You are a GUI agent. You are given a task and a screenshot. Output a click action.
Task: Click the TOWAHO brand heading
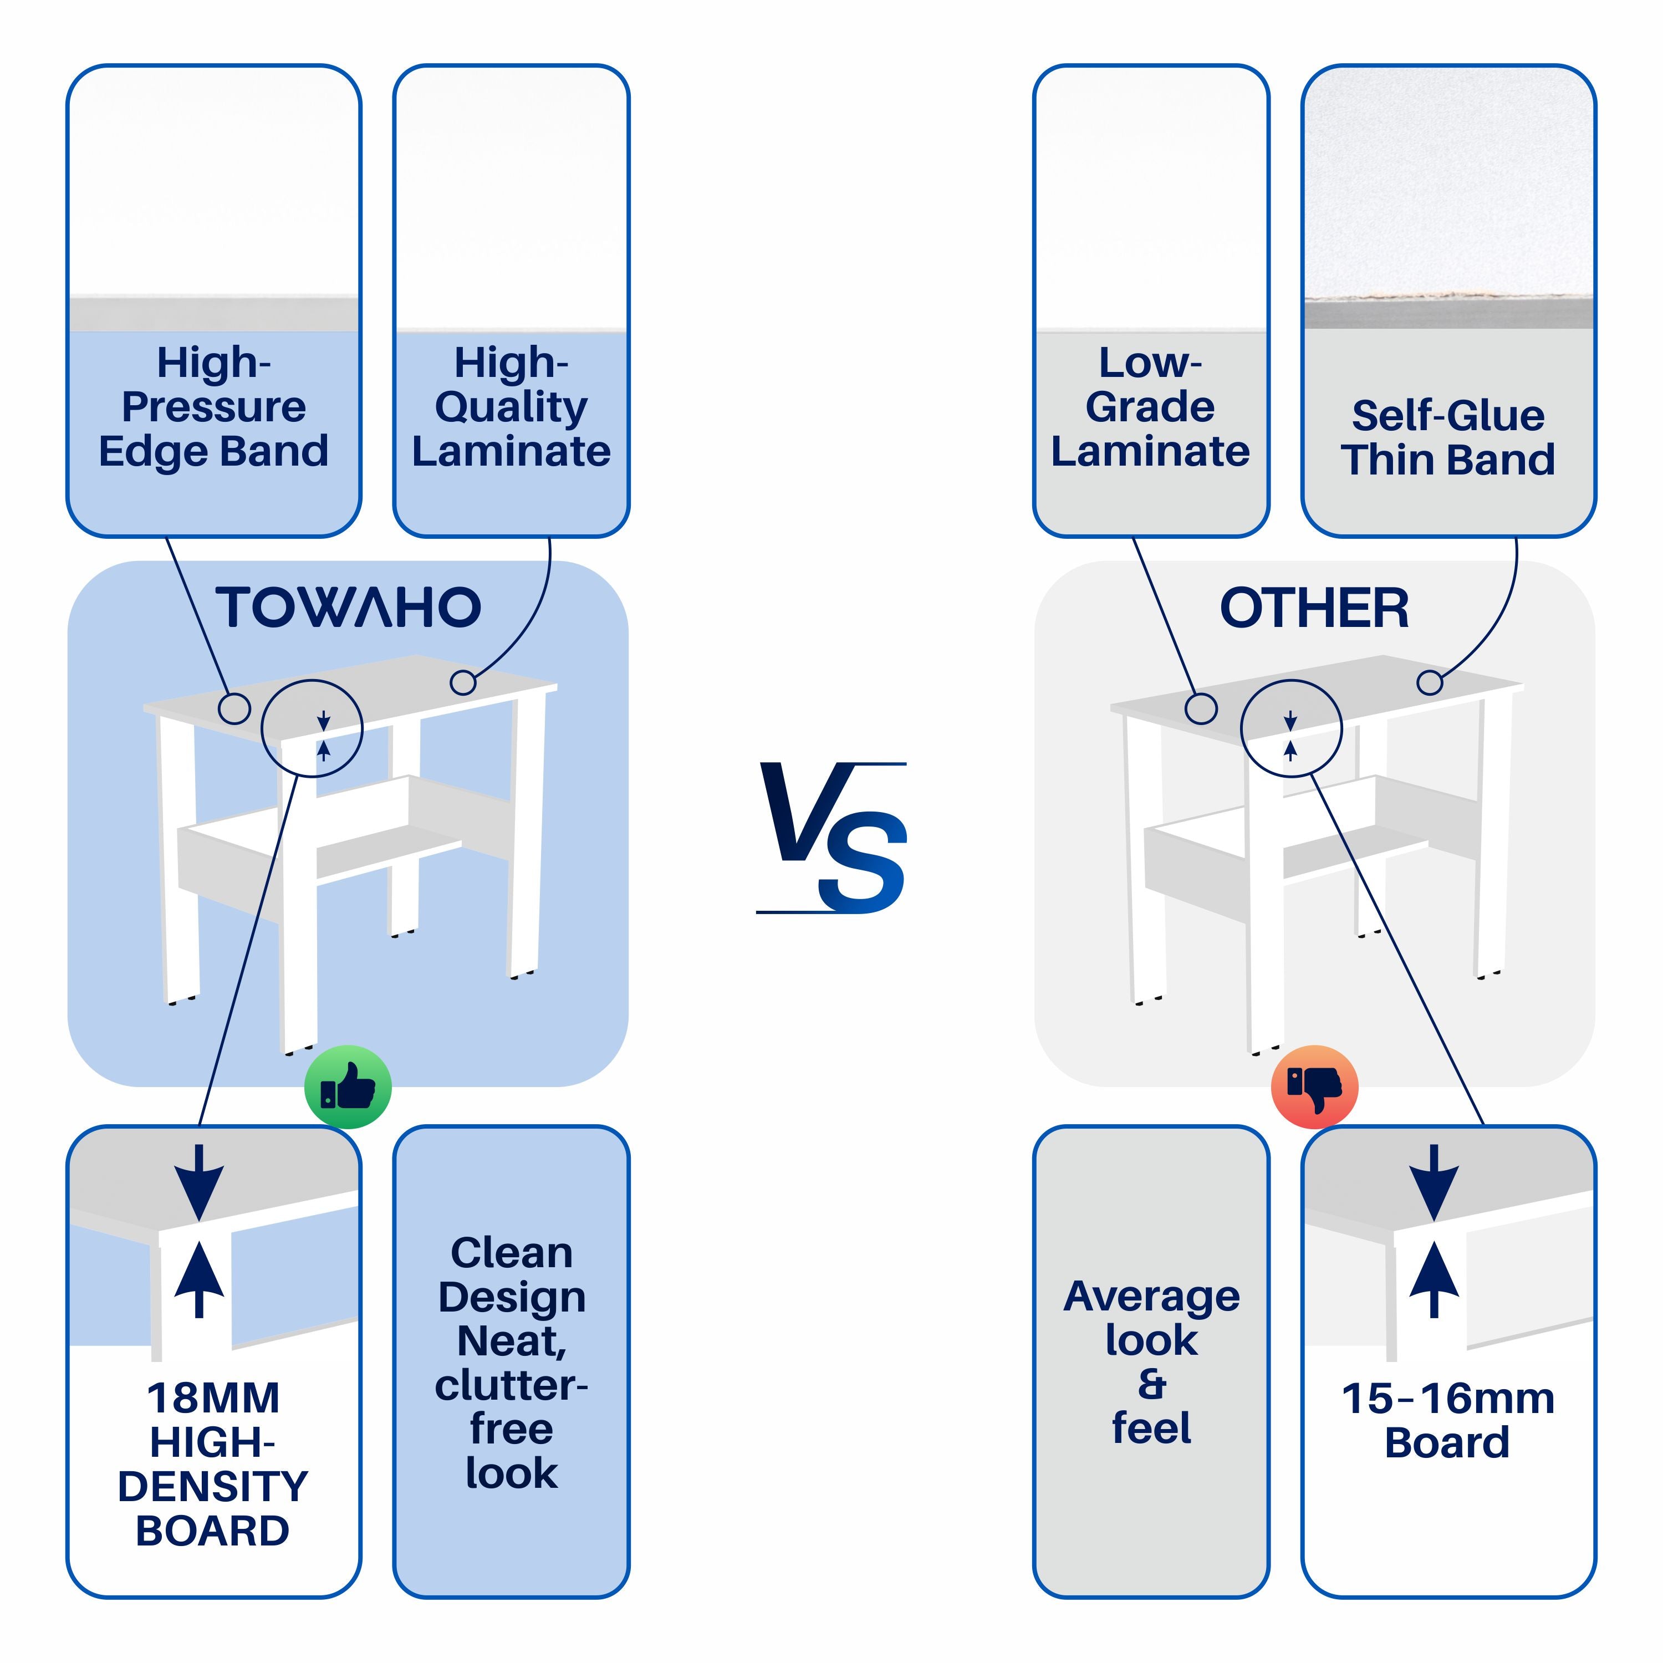(348, 607)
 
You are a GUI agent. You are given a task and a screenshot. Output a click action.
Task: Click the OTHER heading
(1314, 608)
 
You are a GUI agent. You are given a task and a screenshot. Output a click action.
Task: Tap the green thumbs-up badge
(348, 1087)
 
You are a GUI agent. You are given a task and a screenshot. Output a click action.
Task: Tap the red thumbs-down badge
(1314, 1087)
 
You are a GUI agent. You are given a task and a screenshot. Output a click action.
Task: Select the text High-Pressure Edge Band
(213, 407)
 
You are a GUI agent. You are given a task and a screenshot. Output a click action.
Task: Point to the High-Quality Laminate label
(511, 407)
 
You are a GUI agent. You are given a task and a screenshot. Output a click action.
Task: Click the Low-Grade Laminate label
(1150, 407)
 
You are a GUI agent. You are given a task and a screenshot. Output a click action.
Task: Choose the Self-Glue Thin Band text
(1448, 437)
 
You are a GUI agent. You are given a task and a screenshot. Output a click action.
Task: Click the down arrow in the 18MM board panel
(199, 1181)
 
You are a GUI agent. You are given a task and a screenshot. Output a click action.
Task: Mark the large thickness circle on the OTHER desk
(1291, 728)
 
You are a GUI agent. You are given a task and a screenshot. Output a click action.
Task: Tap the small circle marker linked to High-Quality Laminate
(463, 682)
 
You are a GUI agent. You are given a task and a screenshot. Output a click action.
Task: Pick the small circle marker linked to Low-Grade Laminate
(1201, 710)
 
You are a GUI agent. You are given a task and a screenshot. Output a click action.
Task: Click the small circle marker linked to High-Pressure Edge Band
(234, 710)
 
